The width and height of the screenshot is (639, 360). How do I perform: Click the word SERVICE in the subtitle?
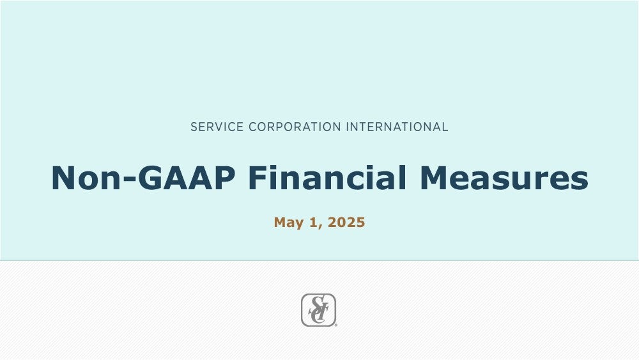(217, 127)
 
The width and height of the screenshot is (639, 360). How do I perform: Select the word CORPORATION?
(295, 127)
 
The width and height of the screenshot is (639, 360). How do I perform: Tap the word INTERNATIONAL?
(397, 127)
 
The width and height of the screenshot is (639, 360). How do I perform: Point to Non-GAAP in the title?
(143, 178)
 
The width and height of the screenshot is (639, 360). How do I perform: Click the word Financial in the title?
(327, 178)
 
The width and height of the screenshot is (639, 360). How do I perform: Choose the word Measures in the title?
(504, 178)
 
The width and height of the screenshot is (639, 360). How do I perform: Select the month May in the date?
(289, 223)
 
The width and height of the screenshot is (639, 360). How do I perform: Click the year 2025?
(346, 222)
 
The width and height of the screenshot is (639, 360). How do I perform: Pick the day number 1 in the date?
(313, 222)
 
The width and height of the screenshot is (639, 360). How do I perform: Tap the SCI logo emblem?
(318, 310)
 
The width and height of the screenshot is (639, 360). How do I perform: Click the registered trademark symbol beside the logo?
(336, 325)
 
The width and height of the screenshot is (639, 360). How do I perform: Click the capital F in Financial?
(257, 178)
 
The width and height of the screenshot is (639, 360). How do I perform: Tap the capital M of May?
(281, 222)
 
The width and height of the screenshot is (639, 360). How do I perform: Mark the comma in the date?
(320, 227)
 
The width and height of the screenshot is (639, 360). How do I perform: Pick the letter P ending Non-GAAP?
(224, 178)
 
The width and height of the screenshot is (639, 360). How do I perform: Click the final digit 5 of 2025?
(360, 222)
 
